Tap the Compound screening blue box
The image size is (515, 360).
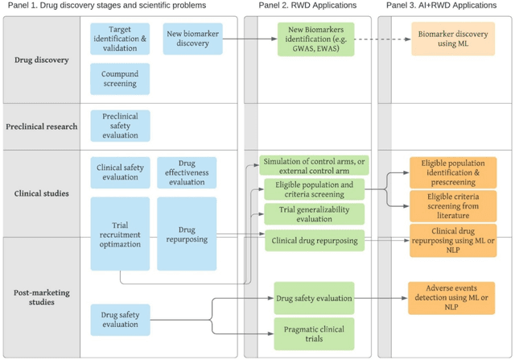pyautogui.click(x=119, y=78)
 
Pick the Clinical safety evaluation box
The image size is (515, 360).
pyautogui.click(x=119, y=172)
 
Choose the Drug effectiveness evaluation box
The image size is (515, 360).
pyautogui.click(x=186, y=172)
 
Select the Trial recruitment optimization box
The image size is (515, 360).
pyautogui.click(x=119, y=234)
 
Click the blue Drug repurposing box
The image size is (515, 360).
pyautogui.click(x=186, y=234)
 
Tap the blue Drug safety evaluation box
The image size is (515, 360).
pyautogui.click(x=119, y=317)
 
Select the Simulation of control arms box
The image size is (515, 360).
pyautogui.click(x=313, y=165)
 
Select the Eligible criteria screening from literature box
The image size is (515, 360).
pyautogui.click(x=453, y=206)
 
